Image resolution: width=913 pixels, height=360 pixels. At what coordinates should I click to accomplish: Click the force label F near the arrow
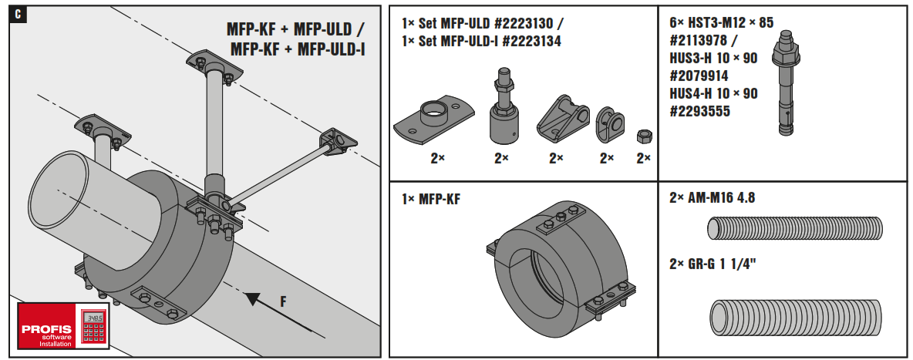click(x=283, y=302)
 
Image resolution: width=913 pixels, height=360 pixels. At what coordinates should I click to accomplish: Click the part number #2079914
click(x=699, y=76)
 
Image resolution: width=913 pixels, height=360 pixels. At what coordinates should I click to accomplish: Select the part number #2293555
click(x=699, y=112)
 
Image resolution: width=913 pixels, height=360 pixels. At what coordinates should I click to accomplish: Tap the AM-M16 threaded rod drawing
click(x=794, y=229)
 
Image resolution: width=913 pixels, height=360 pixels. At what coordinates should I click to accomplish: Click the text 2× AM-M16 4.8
click(x=712, y=198)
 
